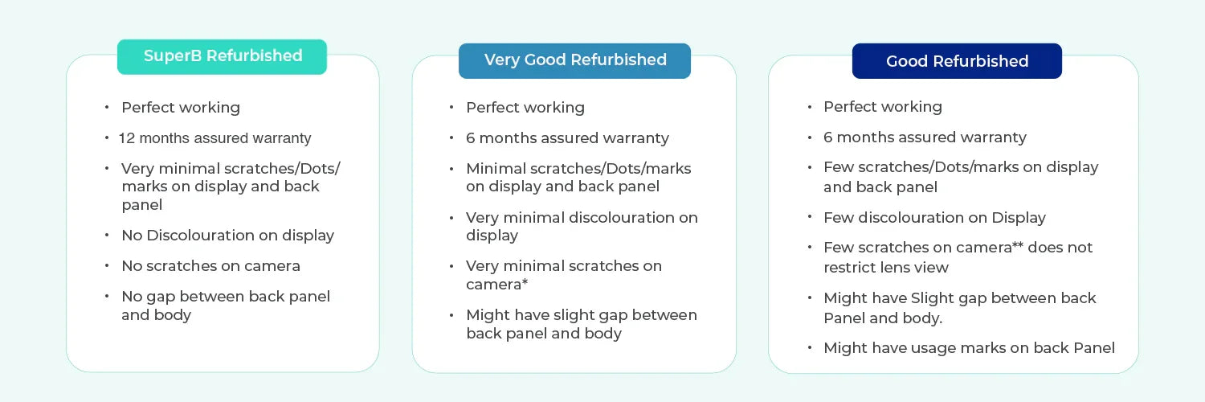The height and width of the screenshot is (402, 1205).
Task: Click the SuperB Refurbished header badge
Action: (222, 56)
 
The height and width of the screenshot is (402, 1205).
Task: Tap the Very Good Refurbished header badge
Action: (574, 61)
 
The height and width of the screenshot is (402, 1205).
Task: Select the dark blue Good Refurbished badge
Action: (957, 61)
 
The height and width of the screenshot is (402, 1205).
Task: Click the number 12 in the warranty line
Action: (126, 138)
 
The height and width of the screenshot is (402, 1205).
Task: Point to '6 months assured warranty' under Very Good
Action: (567, 138)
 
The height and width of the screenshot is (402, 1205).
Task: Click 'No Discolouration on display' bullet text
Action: (227, 236)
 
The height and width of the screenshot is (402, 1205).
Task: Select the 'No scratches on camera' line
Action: (210, 266)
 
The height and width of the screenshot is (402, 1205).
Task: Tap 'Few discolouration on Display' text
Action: (934, 217)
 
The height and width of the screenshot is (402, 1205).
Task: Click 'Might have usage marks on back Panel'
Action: (969, 348)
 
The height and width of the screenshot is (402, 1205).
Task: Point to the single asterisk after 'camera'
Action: (525, 281)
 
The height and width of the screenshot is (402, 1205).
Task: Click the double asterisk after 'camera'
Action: (1017, 245)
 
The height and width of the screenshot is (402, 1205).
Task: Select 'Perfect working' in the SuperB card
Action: (181, 108)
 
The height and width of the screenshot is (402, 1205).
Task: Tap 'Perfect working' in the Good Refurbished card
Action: (883, 107)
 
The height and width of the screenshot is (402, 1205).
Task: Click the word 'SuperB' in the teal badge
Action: (173, 56)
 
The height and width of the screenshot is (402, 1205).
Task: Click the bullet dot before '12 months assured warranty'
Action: (107, 138)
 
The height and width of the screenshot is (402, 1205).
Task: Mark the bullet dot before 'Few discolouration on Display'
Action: (810, 216)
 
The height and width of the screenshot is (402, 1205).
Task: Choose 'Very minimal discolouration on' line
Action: (582, 217)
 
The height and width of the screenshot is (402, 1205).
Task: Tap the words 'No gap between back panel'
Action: (226, 297)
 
